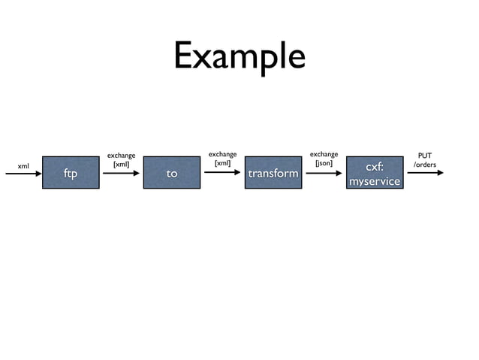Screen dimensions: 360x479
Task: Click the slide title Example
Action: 239,56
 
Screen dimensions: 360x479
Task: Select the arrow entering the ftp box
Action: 24,174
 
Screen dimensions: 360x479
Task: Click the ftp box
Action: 71,173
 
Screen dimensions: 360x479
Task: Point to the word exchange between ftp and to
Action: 121,156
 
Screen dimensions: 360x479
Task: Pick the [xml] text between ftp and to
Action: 121,164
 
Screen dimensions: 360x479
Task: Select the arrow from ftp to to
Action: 121,173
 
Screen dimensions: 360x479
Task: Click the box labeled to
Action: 172,173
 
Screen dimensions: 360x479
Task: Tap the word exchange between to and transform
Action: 222,154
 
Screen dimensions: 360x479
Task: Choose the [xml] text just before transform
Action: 222,163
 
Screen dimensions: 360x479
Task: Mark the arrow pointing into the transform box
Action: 222,172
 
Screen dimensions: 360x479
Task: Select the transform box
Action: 273,173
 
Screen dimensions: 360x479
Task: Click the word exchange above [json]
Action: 324,154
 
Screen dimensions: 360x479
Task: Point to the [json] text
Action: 324,163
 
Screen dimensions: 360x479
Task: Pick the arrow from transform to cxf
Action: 324,173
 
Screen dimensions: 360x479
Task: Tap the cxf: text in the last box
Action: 374,166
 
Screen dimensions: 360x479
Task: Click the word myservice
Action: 374,181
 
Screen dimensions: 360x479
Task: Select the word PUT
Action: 425,156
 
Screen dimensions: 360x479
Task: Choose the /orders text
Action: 425,165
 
